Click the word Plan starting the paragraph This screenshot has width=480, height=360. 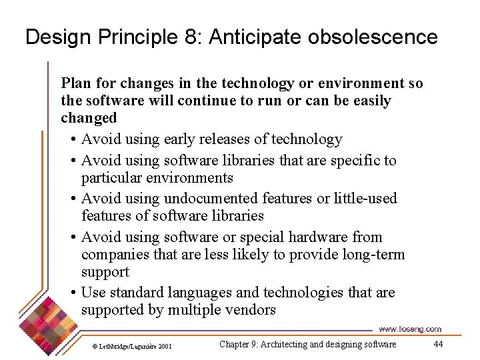(x=76, y=83)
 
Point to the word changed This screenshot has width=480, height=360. (x=89, y=118)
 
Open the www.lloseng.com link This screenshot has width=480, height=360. (x=409, y=329)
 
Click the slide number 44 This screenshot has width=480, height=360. (x=438, y=344)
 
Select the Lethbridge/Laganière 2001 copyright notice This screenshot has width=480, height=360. (x=132, y=346)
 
